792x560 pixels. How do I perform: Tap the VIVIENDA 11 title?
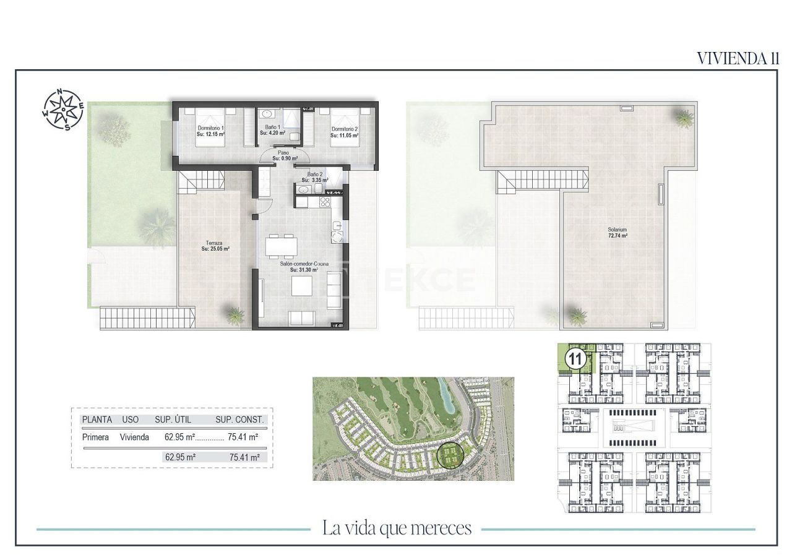(738, 58)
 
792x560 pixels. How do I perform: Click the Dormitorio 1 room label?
(210, 129)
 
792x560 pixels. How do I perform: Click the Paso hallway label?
(283, 152)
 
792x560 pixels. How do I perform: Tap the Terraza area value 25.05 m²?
(215, 249)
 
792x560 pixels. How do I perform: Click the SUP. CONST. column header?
(239, 420)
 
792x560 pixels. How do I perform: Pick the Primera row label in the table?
(95, 437)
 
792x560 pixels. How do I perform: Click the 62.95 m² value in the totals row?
(180, 458)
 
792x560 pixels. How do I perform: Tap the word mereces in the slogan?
(442, 528)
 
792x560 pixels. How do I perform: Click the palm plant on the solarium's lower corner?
(577, 316)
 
